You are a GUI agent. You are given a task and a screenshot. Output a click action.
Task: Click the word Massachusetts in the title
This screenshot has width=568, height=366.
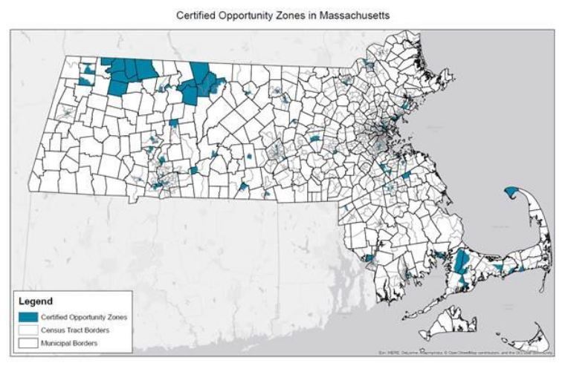[x=352, y=15]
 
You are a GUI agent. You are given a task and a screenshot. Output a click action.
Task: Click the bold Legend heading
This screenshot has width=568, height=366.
[x=36, y=302]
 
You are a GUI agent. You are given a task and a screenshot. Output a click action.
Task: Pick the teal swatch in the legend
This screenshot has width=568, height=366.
[x=29, y=316]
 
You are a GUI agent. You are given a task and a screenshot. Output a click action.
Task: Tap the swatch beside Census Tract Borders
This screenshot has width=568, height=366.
[x=29, y=329]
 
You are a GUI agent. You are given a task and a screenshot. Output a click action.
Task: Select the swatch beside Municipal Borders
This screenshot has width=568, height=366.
[x=29, y=342]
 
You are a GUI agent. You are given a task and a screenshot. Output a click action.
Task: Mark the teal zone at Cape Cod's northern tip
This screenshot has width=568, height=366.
[x=512, y=192]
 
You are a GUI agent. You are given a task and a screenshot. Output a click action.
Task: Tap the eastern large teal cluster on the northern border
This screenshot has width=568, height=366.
[x=197, y=82]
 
